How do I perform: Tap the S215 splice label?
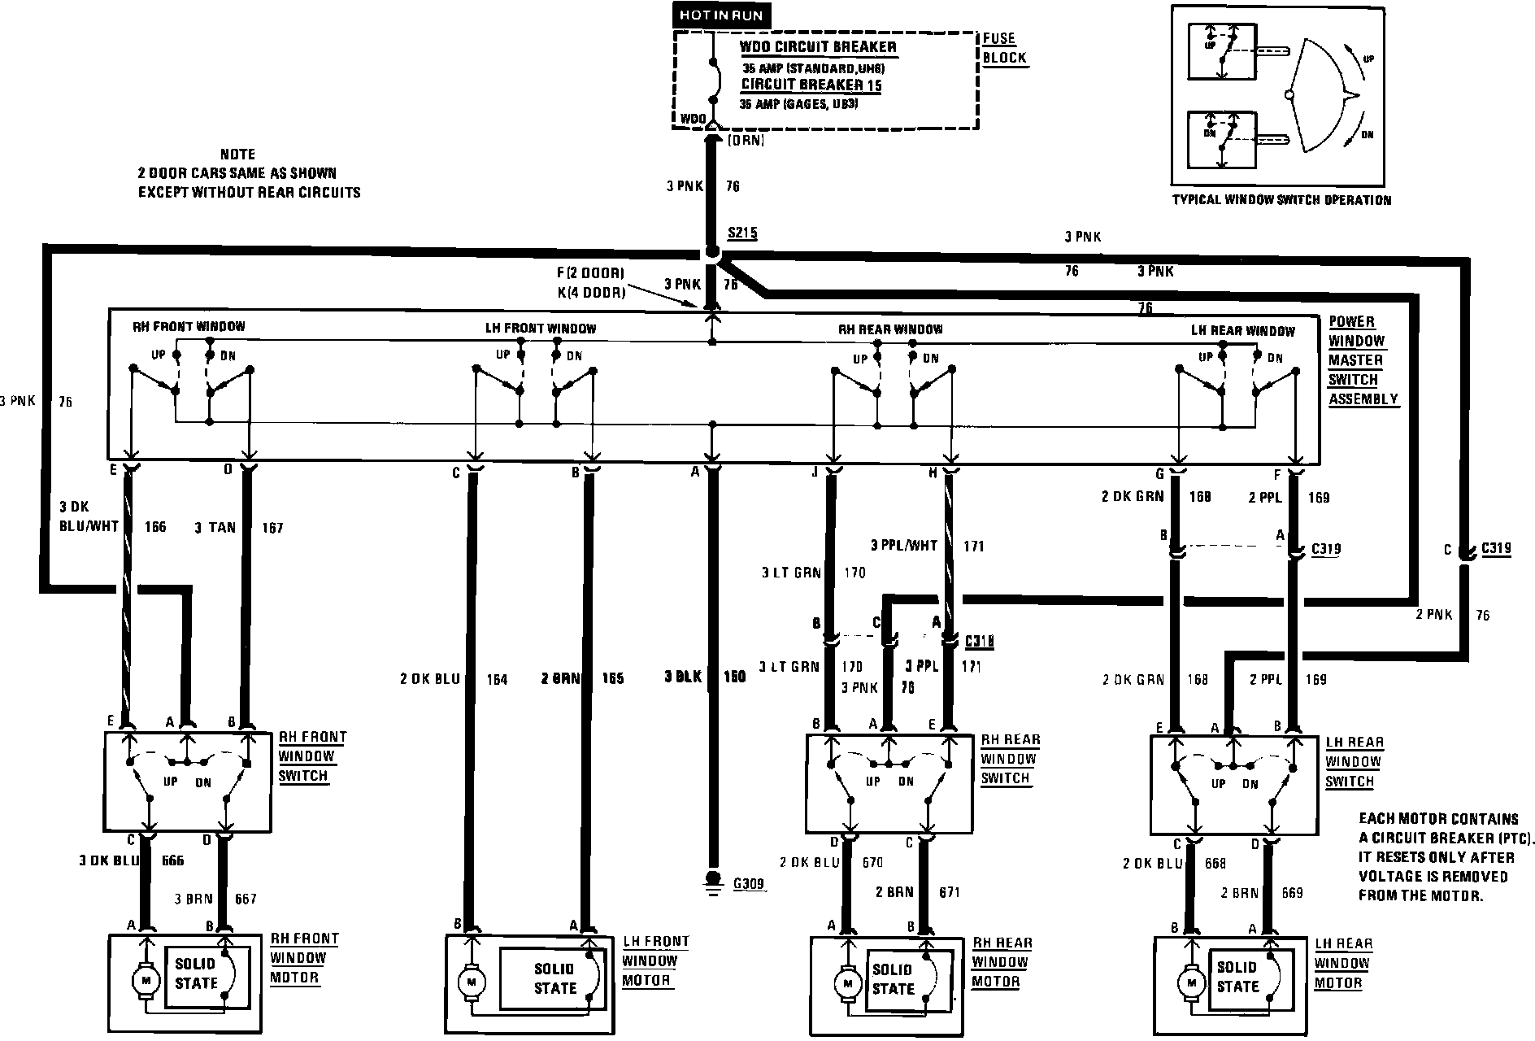[x=741, y=233]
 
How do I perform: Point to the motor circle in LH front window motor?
[x=469, y=983]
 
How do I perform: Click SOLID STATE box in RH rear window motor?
[x=894, y=979]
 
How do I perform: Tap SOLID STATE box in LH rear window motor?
[x=1237, y=977]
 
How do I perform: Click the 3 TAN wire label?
[x=215, y=528]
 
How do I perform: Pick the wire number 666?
[x=173, y=860]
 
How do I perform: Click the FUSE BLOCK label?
[x=1004, y=48]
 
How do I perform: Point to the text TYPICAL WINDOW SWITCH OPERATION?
[x=1281, y=200]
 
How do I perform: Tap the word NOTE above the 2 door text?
[x=237, y=154]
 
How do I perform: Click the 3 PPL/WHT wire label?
[x=903, y=546]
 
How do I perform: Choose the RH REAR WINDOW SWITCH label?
[x=1009, y=759]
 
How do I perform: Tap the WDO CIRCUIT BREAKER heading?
[x=818, y=47]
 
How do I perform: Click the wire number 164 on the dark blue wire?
[x=497, y=679]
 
